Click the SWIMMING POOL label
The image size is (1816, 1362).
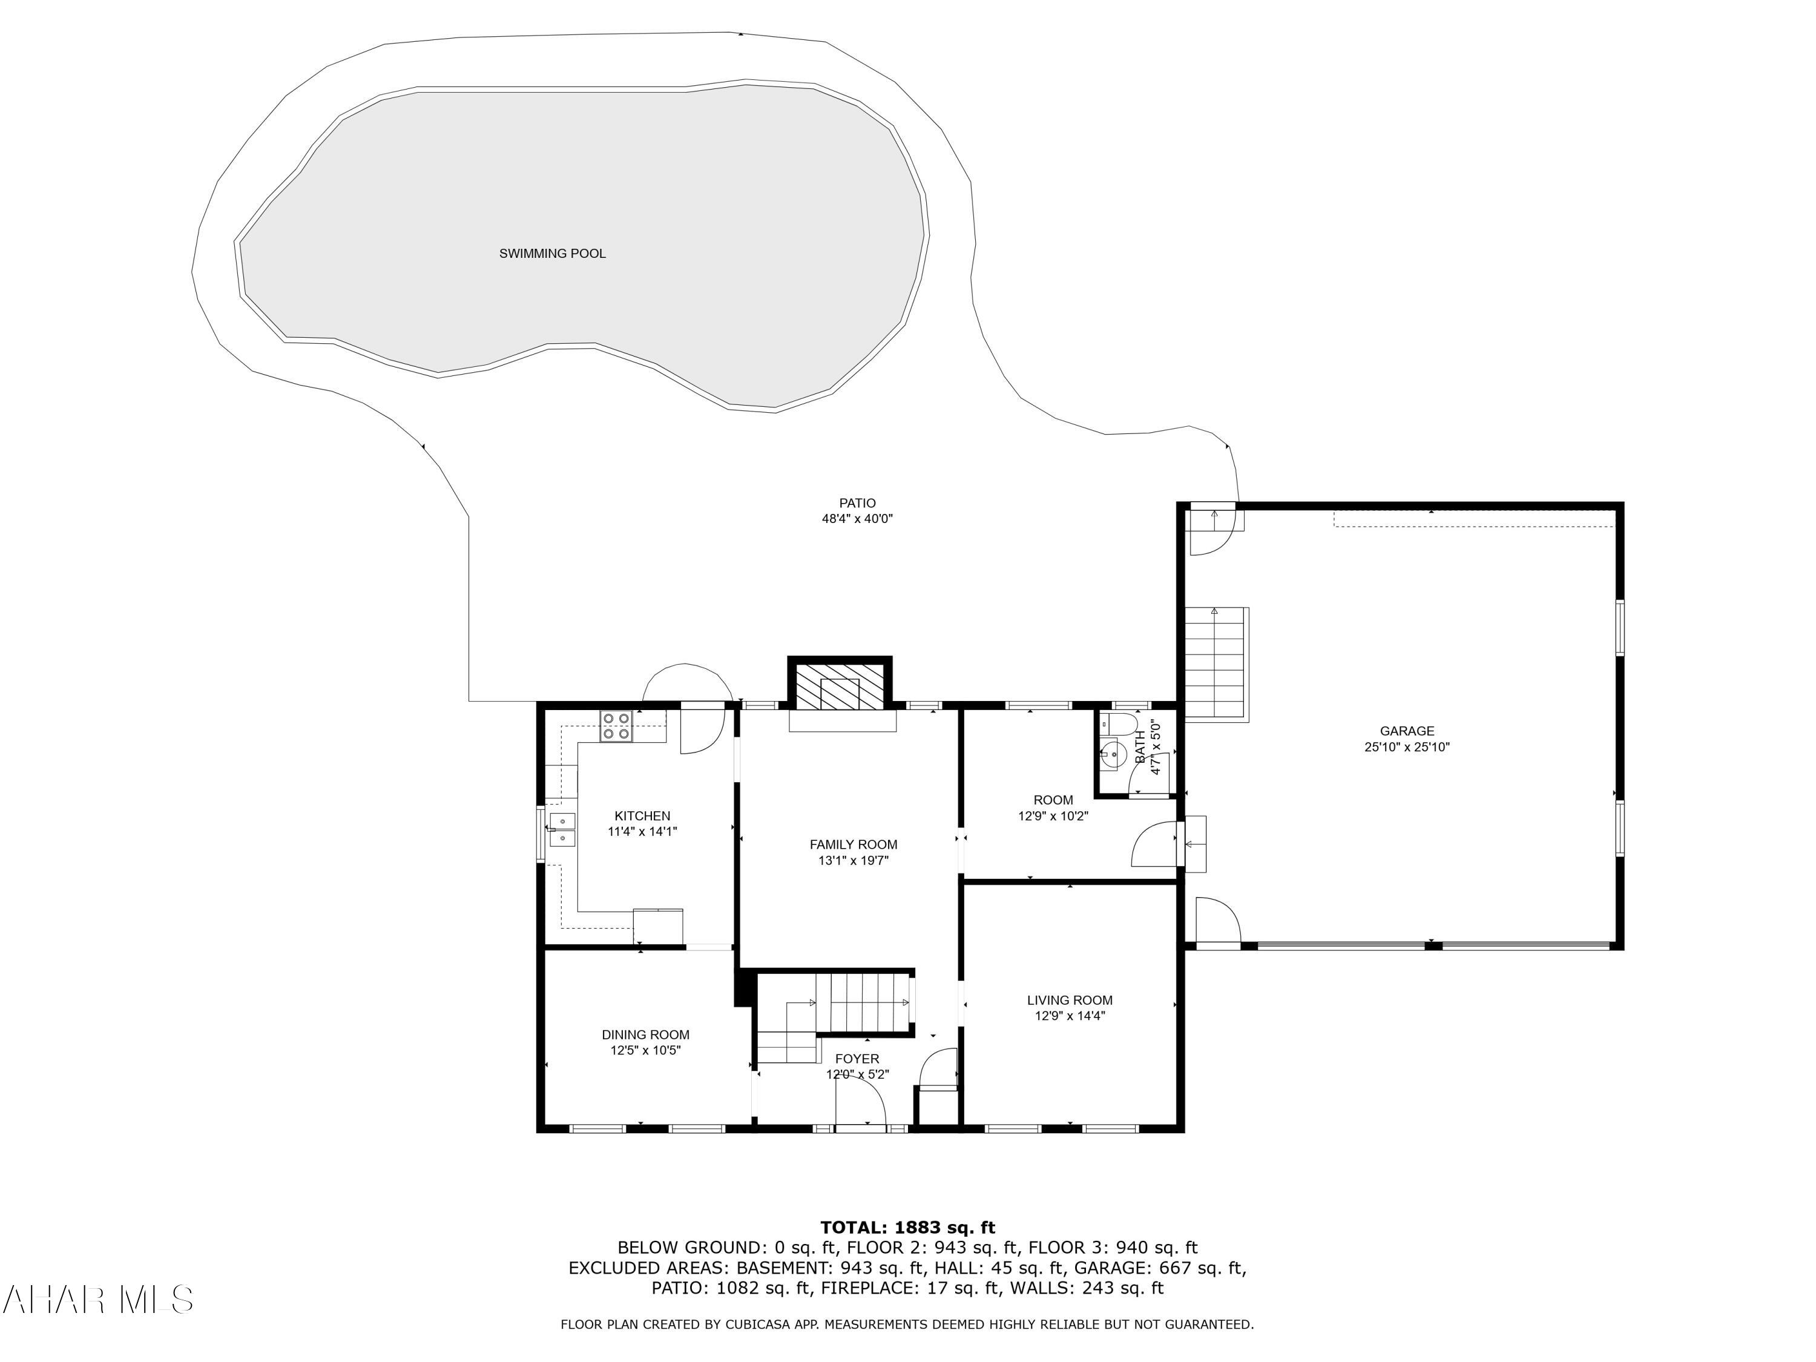coord(553,254)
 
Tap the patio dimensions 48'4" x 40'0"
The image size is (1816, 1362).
coord(857,519)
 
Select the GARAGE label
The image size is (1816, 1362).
coord(1406,731)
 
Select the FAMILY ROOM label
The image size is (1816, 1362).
coord(853,844)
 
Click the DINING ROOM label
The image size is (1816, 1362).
coord(645,1035)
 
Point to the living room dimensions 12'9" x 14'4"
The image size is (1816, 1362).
coord(1069,1016)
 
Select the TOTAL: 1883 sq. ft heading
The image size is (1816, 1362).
coord(907,1228)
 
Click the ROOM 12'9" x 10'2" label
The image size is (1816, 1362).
coord(1053,808)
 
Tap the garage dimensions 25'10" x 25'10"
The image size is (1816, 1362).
coord(1406,747)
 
